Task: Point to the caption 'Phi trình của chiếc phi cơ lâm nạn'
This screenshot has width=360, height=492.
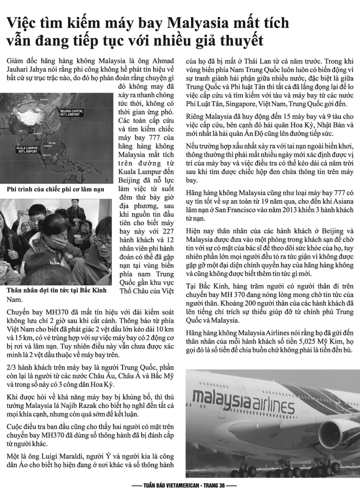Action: pyautogui.click(x=55, y=190)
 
